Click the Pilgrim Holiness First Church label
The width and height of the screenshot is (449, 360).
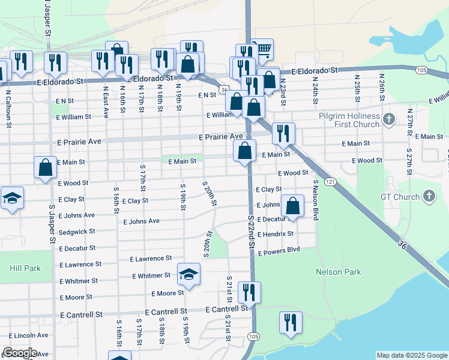[349, 120]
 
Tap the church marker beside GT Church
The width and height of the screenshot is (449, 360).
[429, 196]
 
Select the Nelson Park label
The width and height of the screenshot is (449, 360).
[339, 272]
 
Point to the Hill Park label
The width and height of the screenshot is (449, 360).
[25, 268]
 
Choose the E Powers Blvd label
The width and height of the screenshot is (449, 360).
[279, 251]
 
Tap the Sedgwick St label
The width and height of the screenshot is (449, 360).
[77, 231]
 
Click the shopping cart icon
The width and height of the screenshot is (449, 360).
[262, 49]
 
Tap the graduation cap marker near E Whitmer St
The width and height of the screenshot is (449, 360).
[189, 274]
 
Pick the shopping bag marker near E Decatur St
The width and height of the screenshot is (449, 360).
[292, 205]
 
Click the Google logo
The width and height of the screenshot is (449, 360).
[20, 353]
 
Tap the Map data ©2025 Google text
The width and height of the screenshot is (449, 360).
[412, 355]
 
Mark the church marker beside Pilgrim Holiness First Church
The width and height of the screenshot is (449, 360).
[389, 119]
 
